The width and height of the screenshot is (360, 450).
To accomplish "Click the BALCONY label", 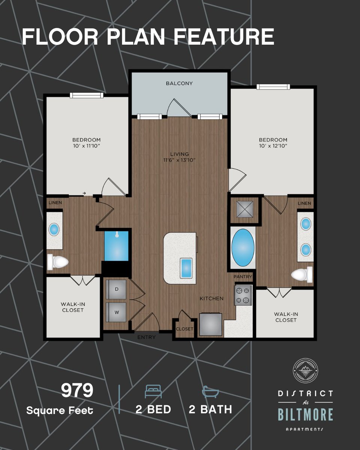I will click(179, 83).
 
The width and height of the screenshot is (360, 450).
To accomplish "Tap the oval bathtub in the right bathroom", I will click(243, 247).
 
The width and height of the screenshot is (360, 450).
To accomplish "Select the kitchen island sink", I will click(186, 268).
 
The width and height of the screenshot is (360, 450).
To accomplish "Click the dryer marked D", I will click(116, 289).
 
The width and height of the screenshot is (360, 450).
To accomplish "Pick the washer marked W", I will click(116, 312).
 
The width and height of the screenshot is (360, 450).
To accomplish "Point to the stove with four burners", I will click(242, 295).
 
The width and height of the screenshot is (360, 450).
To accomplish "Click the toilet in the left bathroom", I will click(58, 262).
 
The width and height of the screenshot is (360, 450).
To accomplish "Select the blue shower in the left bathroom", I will click(116, 246).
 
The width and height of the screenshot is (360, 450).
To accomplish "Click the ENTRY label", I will click(146, 337).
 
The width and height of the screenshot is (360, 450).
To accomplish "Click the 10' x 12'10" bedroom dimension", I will click(273, 145).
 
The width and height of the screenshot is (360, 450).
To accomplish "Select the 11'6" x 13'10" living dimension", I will click(179, 160).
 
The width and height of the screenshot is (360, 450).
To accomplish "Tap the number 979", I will click(77, 391).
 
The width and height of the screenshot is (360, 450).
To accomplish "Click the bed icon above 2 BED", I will click(153, 392).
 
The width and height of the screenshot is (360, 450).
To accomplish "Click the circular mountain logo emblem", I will click(305, 370).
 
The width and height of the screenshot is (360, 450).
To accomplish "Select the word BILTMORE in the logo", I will click(305, 415).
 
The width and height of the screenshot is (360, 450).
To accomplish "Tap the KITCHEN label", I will click(211, 298).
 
